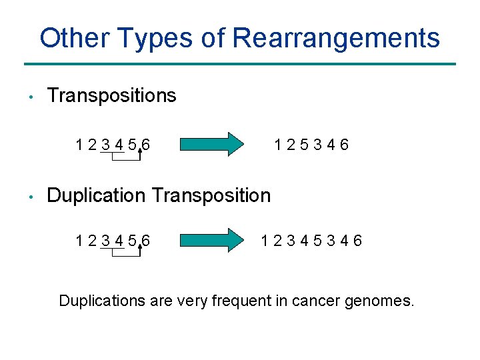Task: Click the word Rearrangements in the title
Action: (x=336, y=38)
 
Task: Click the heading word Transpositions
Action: (x=111, y=95)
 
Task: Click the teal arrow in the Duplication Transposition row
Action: (x=213, y=240)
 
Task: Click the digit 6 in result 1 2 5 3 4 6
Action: (x=343, y=145)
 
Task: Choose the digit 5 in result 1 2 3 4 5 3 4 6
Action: (x=318, y=241)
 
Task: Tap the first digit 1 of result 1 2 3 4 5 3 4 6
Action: (x=266, y=241)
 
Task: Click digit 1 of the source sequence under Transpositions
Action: (x=80, y=145)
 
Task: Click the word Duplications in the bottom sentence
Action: (x=100, y=301)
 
